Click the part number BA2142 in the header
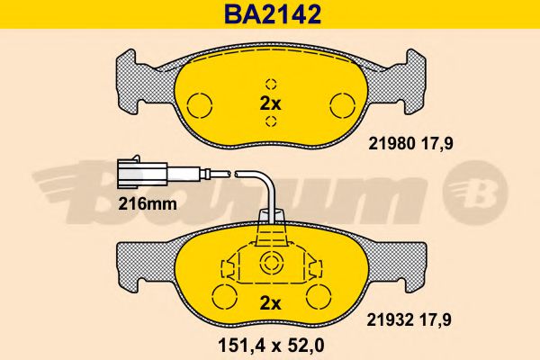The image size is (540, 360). [270, 14]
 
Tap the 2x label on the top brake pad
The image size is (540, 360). [270, 103]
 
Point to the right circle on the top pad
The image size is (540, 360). [342, 102]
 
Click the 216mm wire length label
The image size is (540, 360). [146, 203]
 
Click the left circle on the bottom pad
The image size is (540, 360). [223, 294]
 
